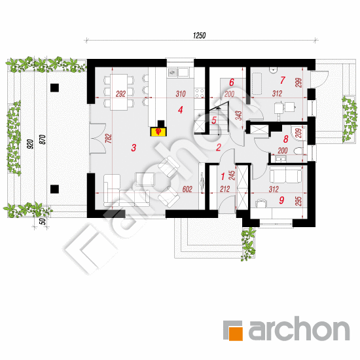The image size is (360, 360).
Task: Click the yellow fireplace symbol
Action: (158, 132)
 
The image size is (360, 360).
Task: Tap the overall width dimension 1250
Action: (199, 35)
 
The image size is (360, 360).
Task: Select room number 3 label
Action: (134, 148)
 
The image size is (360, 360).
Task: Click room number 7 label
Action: (282, 80)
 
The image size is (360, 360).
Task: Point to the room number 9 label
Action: (281, 200)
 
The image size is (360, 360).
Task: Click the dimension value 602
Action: (187, 189)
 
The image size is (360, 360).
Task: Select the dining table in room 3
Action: (119, 92)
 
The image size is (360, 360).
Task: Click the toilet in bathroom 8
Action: (298, 151)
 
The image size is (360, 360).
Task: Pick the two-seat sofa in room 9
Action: (285, 175)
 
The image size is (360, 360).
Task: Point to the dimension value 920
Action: (30, 144)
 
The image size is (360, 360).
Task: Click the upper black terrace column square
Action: (54, 88)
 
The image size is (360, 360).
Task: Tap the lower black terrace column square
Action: (54, 189)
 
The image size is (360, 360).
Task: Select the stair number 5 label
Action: (214, 120)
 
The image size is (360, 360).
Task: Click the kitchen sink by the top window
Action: (179, 72)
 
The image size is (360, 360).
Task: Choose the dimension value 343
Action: (239, 116)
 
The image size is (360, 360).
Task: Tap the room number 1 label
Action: (223, 177)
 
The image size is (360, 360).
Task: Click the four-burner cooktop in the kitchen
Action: (199, 93)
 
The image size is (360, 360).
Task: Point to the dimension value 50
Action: (43, 221)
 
